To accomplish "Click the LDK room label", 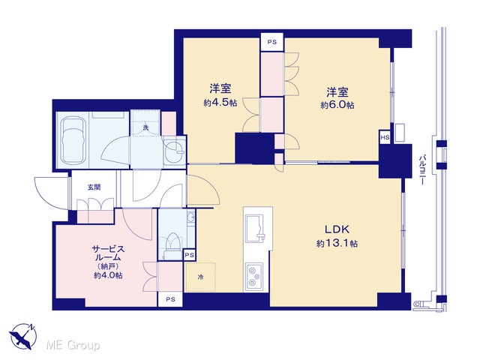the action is click(x=337, y=229).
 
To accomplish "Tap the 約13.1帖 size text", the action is click(x=337, y=244).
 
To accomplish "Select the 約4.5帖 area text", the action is click(x=220, y=103).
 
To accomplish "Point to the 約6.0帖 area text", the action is click(x=337, y=105).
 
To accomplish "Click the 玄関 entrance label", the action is click(x=94, y=187).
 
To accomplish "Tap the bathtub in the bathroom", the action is click(x=73, y=140).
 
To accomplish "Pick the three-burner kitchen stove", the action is click(x=253, y=277).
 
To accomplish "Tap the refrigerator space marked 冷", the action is click(x=201, y=277).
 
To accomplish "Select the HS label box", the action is click(x=385, y=137).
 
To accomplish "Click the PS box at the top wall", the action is click(x=272, y=43).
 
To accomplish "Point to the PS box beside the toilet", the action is click(x=190, y=255).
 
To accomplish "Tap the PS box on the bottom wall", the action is click(x=170, y=299).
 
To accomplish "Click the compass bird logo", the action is click(x=23, y=337).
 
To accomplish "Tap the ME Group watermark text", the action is click(x=73, y=346).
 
